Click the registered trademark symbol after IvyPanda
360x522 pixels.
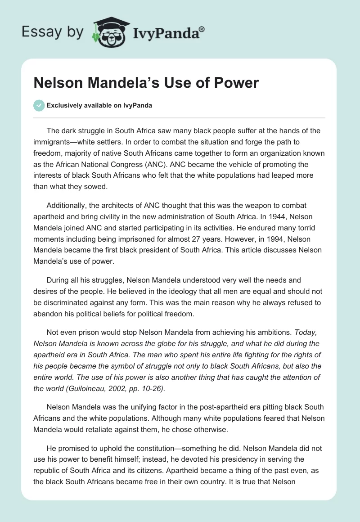[x=202, y=28]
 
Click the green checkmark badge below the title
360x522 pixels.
[x=39, y=105]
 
